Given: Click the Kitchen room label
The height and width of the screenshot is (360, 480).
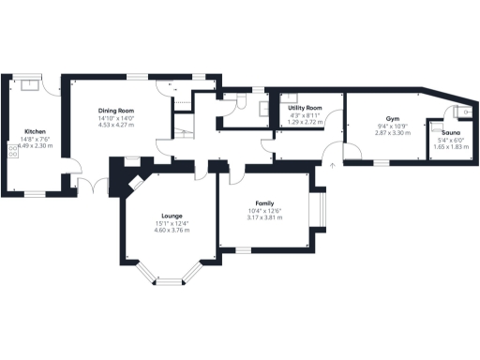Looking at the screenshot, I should click(x=35, y=131).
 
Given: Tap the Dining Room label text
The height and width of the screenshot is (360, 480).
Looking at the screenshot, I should click(x=117, y=112).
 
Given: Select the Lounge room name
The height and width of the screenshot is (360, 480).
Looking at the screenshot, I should click(x=172, y=216).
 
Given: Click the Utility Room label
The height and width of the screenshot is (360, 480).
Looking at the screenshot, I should click(x=305, y=109).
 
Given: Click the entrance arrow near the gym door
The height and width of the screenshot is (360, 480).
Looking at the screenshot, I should click(x=332, y=165).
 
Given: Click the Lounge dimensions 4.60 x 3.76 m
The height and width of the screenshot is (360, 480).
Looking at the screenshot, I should click(x=172, y=230).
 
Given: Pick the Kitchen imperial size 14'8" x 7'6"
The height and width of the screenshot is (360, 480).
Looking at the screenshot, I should click(x=35, y=139).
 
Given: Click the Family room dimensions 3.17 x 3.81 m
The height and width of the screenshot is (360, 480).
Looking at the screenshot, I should click(x=264, y=217).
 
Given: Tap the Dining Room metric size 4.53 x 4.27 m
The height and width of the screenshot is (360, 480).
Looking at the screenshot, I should click(x=117, y=126).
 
